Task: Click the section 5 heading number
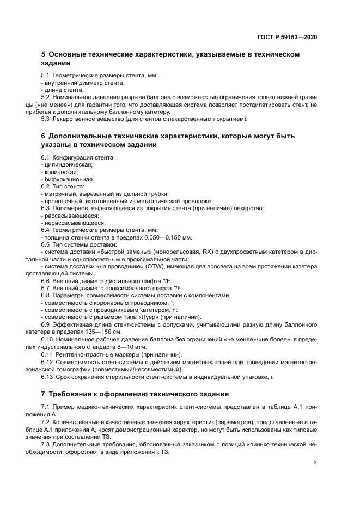[44, 55]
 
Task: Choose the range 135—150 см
[103, 332]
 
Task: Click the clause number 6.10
[47, 339]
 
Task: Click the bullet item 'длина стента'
[63, 90]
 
